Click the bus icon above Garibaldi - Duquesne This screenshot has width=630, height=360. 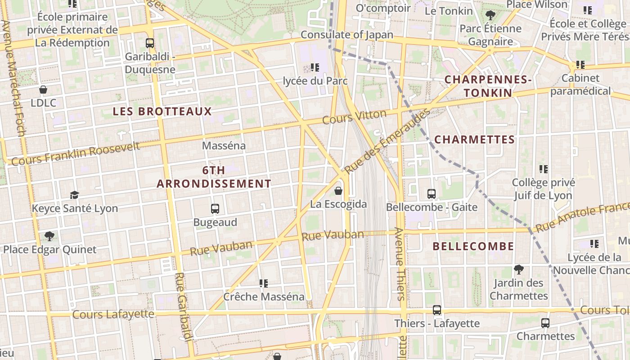click(x=150, y=43)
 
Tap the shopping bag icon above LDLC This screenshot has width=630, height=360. click(x=43, y=90)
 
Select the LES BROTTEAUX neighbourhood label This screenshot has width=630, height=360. click(x=162, y=112)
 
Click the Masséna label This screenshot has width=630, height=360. click(x=224, y=146)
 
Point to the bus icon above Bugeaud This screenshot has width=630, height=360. click(x=215, y=209)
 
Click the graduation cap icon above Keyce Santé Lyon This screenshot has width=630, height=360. click(x=74, y=195)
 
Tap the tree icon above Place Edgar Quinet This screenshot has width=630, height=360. click(x=49, y=236)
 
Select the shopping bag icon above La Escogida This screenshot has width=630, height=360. click(x=338, y=191)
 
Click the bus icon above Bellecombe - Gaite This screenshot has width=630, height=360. click(x=432, y=194)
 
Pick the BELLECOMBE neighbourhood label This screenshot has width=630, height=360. click(x=473, y=246)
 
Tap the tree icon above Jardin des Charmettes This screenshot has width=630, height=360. click(x=519, y=270)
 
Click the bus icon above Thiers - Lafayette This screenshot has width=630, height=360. click(x=437, y=310)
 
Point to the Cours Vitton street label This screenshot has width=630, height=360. click(x=355, y=117)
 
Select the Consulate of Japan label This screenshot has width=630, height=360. click(x=347, y=35)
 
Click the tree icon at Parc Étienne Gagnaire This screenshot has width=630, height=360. click(x=490, y=15)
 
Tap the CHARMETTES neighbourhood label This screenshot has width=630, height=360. click(x=475, y=139)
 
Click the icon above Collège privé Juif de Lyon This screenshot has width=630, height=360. click(x=544, y=169)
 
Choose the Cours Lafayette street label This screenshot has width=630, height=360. click(x=113, y=314)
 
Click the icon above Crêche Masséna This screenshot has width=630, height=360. click(x=264, y=283)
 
